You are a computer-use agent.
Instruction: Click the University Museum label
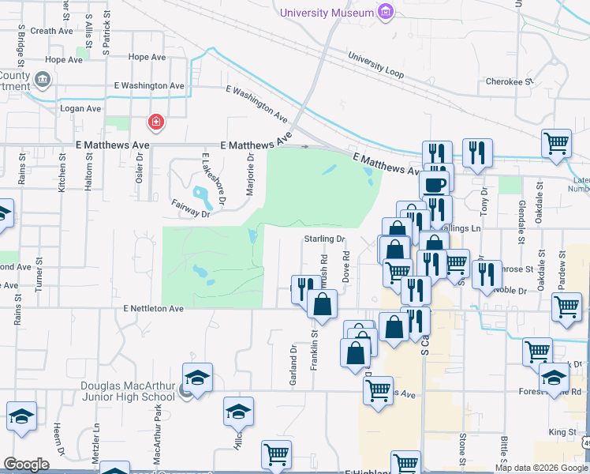pyautogui.click(x=327, y=13)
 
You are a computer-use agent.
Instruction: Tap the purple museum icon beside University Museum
pyautogui.click(x=385, y=12)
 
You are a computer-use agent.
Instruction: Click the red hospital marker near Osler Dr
pyautogui.click(x=156, y=122)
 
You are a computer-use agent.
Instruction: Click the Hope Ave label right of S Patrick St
pyautogui.click(x=147, y=58)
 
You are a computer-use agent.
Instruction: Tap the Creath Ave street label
pyautogui.click(x=52, y=31)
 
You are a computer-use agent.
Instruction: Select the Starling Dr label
pyautogui.click(x=325, y=239)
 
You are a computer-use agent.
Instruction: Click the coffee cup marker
pyautogui.click(x=434, y=186)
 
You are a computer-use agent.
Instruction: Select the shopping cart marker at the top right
pyautogui.click(x=557, y=144)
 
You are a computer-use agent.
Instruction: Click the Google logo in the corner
pyautogui.click(x=26, y=465)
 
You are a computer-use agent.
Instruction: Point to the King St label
pyautogui.click(x=563, y=432)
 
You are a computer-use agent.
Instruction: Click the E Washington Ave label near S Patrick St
pyautogui.click(x=149, y=85)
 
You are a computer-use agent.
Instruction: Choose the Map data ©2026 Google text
pyautogui.click(x=540, y=468)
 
